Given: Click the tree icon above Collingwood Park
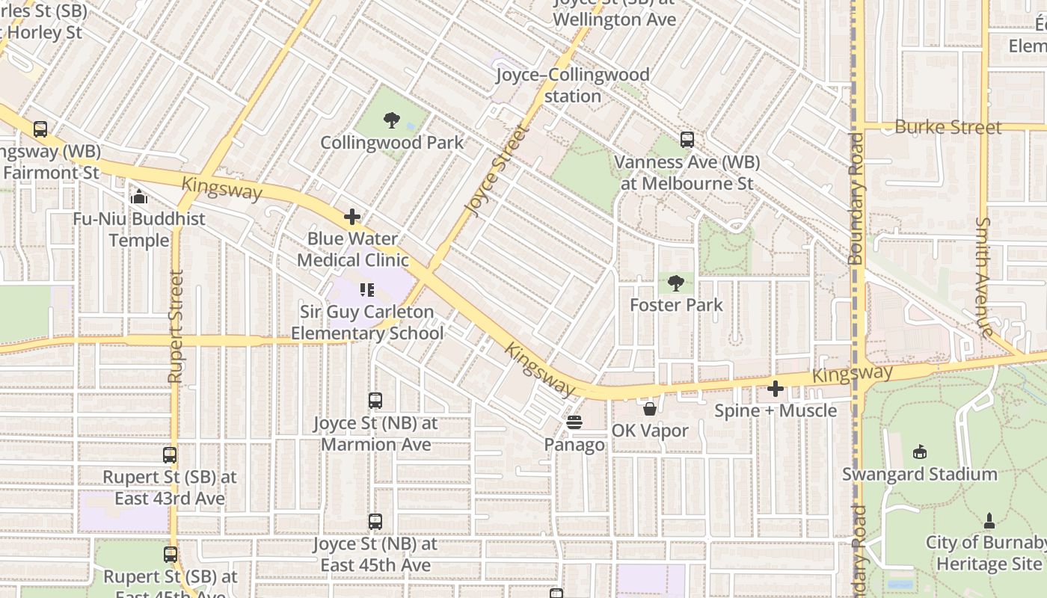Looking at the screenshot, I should [x=391, y=120].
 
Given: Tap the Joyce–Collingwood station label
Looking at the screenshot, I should [x=573, y=85].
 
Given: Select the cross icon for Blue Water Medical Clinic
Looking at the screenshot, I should [x=352, y=218].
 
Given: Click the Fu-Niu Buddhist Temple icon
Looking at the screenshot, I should [x=138, y=197].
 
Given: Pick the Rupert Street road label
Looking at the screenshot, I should [x=176, y=327].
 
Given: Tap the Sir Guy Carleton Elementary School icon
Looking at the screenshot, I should [x=367, y=289].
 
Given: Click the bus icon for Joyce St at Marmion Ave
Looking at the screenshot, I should [x=375, y=401].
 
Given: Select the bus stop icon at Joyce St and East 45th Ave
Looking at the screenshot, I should [x=375, y=522].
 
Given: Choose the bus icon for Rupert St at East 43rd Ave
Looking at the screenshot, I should [x=170, y=454].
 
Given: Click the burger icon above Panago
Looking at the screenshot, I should [x=574, y=422].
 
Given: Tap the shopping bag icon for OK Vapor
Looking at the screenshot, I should [x=650, y=409].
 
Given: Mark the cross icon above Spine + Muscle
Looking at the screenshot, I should [x=776, y=389].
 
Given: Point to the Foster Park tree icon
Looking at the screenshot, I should [x=676, y=283].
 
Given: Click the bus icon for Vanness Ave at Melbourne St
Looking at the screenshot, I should [x=687, y=140].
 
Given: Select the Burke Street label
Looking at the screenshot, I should [x=948, y=127].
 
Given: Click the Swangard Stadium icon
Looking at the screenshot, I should [x=920, y=451].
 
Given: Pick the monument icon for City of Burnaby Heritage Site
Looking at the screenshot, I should [x=989, y=520].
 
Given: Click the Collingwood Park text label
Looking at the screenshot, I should [x=392, y=143].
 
